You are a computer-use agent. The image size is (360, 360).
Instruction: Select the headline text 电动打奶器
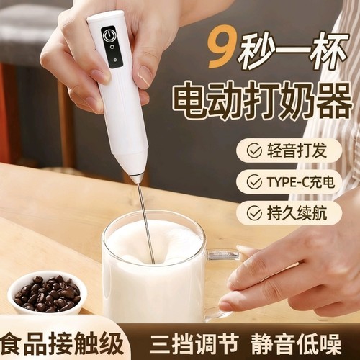click(261, 102)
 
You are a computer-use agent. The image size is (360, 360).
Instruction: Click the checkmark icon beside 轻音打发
click(254, 151)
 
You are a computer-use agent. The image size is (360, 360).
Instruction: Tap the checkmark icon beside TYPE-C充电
click(254, 182)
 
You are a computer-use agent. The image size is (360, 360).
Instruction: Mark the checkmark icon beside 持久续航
click(254, 212)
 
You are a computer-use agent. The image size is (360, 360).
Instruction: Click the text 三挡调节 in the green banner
click(177, 341)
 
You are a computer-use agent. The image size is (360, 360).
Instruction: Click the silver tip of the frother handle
click(137, 176)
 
